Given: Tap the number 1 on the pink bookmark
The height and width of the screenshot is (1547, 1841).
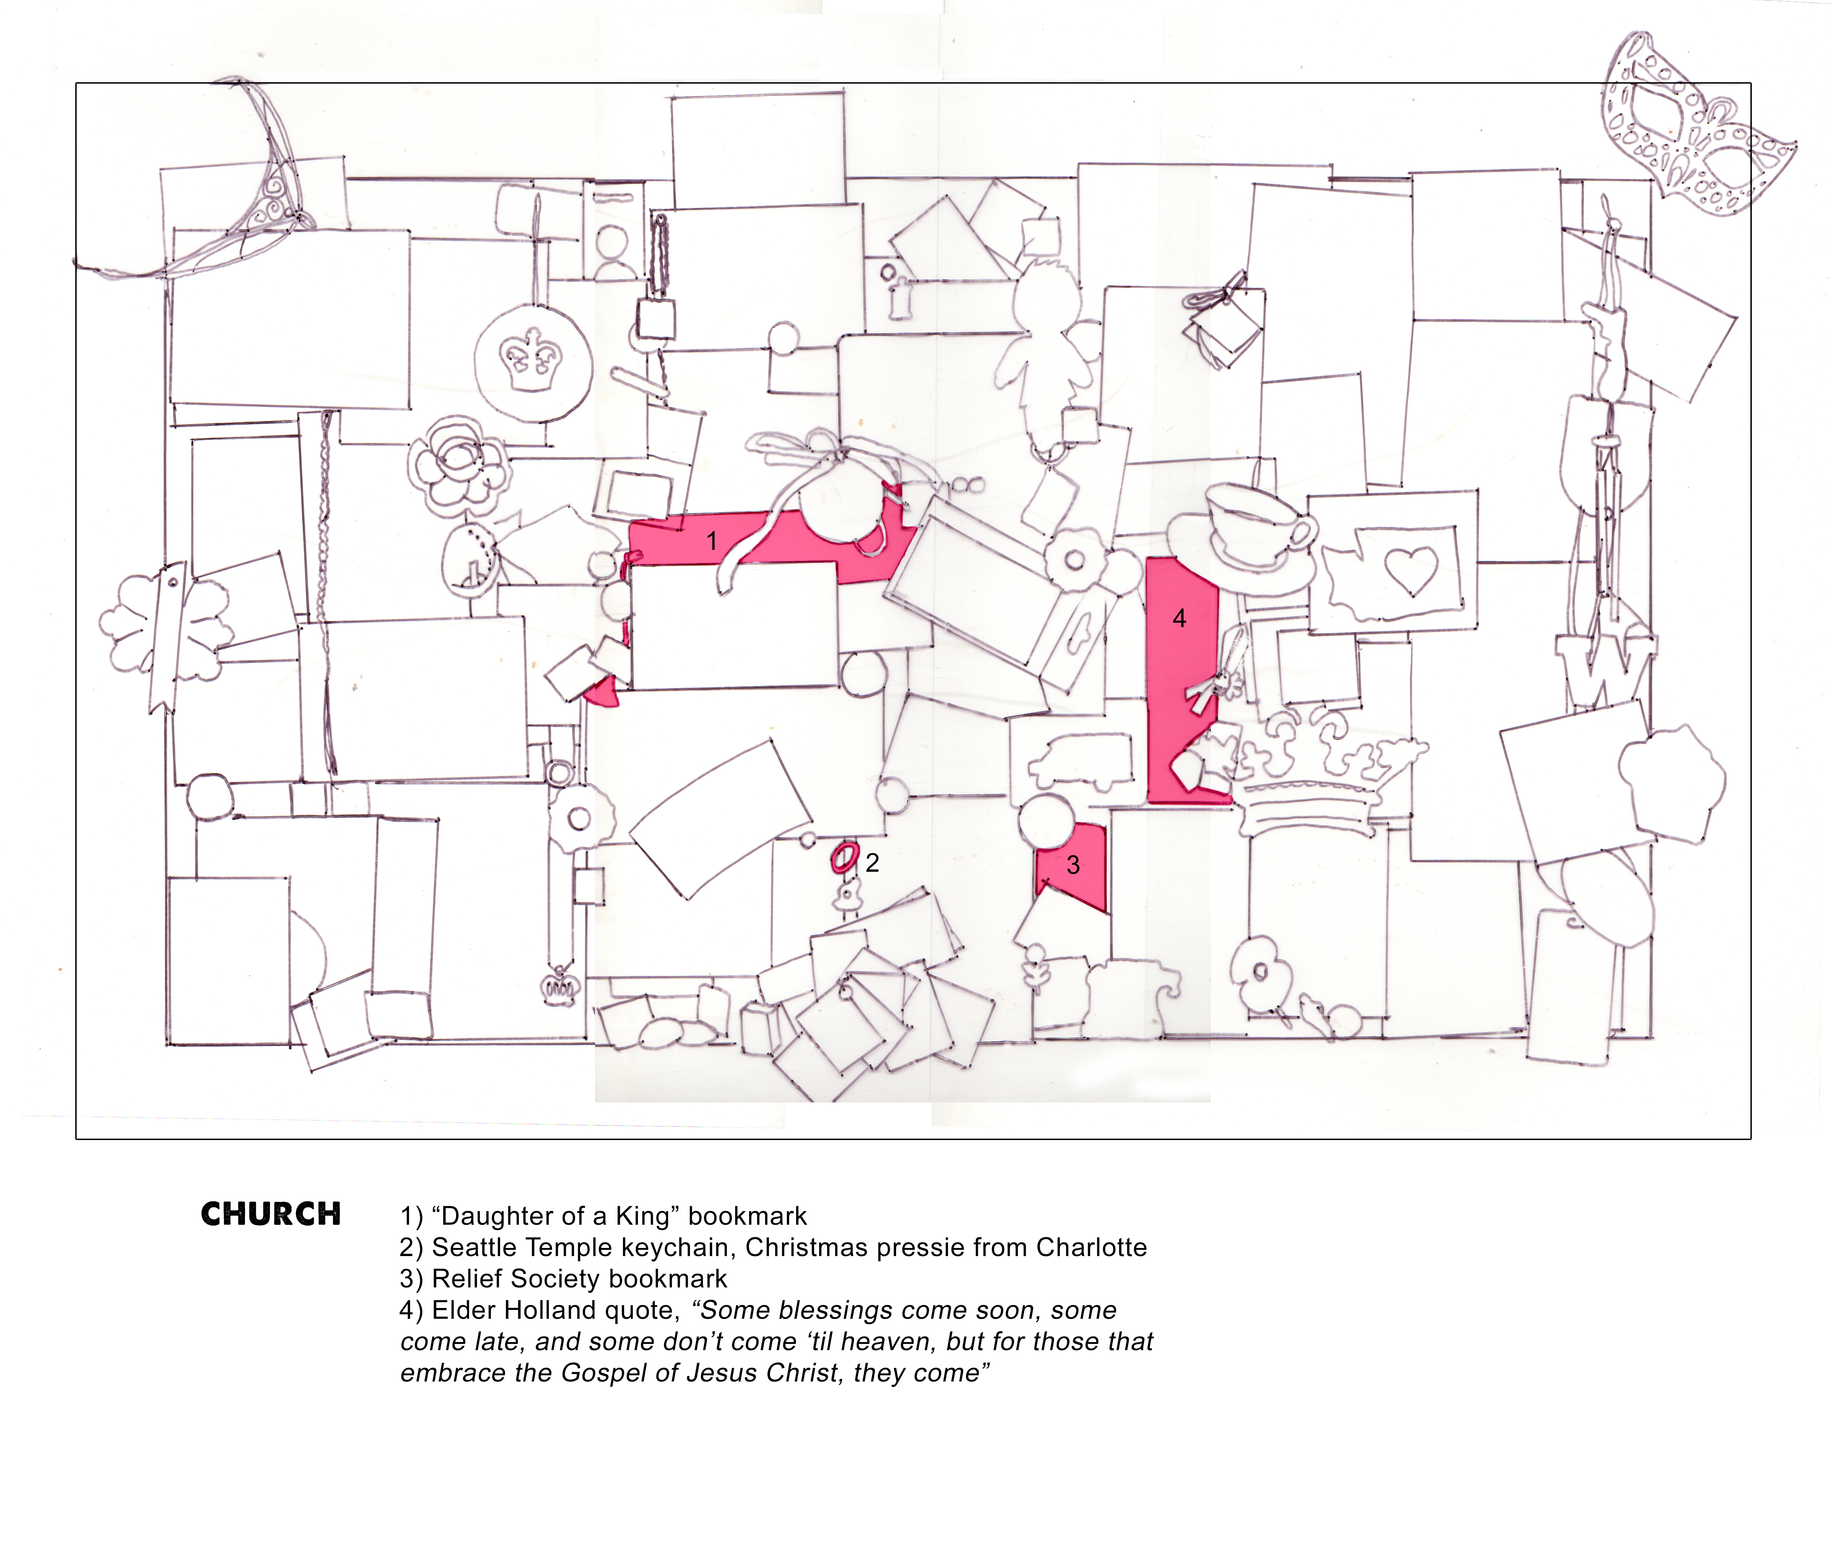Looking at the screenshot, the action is pyautogui.click(x=712, y=541).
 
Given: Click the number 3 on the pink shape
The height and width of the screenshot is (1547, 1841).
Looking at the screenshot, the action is pyautogui.click(x=1073, y=865).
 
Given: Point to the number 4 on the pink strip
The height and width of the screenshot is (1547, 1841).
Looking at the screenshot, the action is pyautogui.click(x=1180, y=618).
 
